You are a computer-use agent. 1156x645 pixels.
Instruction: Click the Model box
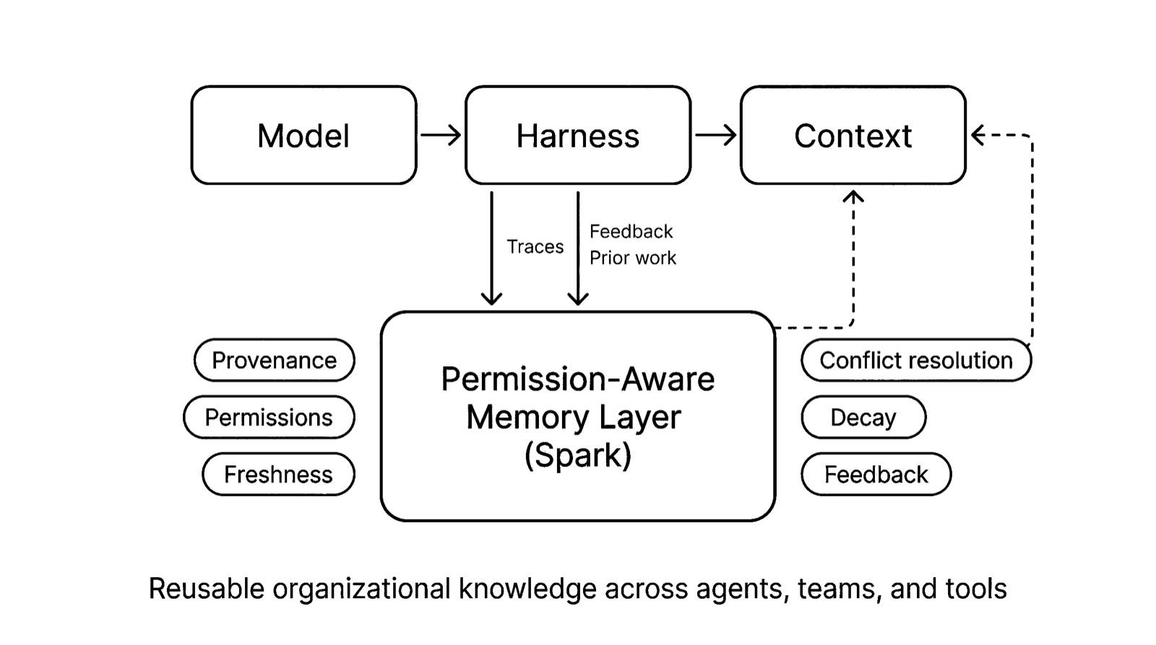point(303,136)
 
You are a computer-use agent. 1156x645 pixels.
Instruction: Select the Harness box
point(577,136)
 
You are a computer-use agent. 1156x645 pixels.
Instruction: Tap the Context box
point(853,136)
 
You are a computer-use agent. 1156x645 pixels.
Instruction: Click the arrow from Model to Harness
point(441,135)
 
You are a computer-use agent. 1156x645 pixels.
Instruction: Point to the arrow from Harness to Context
point(715,135)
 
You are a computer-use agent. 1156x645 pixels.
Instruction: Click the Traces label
point(535,247)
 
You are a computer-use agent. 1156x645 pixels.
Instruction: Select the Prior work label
point(632,258)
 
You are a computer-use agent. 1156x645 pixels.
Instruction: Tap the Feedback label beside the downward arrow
point(631,232)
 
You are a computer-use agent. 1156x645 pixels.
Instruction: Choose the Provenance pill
point(274,360)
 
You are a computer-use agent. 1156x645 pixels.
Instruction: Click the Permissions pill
point(269,417)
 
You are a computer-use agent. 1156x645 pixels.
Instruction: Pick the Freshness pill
point(278,475)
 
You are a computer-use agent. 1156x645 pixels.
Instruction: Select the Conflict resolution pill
point(915,360)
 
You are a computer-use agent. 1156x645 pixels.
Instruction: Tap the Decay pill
point(863,417)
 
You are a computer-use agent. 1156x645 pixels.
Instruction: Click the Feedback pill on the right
point(876,475)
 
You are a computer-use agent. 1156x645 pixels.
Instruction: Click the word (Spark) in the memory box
point(577,455)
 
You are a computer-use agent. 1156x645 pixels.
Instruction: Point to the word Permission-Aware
point(577,379)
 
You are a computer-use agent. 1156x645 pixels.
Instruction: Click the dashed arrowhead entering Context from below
point(853,196)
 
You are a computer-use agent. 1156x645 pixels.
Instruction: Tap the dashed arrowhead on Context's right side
point(978,135)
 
